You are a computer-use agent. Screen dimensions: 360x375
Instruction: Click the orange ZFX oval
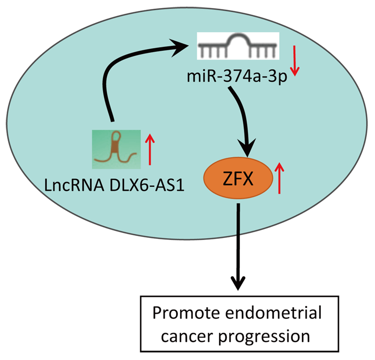tap(238, 179)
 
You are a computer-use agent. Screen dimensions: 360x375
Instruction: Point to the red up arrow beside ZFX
tap(280, 178)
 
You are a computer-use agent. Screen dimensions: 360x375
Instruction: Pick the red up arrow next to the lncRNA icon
tap(150, 148)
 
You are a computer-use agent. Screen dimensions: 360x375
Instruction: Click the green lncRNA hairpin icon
tap(116, 149)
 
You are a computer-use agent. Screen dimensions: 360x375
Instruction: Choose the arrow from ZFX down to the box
tap(239, 244)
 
